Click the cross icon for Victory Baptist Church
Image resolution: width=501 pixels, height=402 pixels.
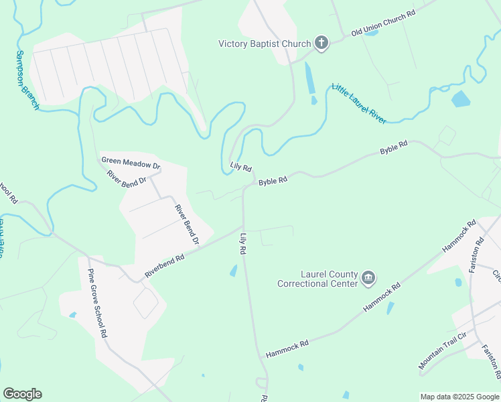(321, 44)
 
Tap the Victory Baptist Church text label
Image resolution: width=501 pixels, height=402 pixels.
(265, 44)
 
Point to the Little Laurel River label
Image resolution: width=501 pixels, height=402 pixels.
(359, 103)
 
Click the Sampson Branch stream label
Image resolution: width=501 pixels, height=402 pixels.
(27, 80)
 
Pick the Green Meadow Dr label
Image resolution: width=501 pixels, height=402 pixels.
(131, 161)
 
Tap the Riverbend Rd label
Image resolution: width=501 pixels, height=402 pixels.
(164, 267)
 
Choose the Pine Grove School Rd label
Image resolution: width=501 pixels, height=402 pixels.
(97, 303)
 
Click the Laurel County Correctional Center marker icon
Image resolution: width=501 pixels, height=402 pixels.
(368, 277)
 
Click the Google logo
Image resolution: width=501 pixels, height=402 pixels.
(22, 394)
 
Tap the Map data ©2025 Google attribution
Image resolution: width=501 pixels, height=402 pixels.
(459, 397)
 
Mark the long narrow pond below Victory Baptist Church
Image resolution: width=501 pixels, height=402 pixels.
(309, 78)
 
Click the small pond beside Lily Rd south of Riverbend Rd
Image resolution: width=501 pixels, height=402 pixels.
(233, 271)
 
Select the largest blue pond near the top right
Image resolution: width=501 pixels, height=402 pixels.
(461, 99)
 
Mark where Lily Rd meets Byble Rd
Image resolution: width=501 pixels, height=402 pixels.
(244, 188)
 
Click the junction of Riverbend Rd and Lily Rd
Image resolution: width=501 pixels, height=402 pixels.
(242, 223)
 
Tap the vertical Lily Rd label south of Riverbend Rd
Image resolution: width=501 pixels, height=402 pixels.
(243, 244)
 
